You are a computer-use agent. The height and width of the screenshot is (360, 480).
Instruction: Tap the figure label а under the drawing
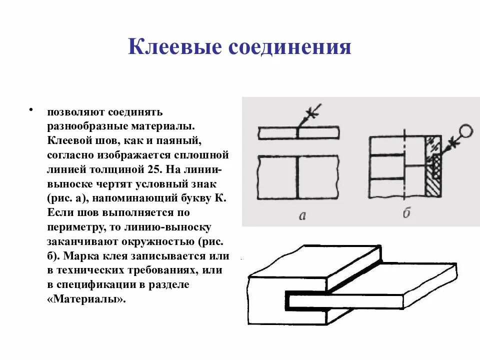[x=301, y=215]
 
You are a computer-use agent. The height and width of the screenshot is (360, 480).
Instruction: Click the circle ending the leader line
[x=466, y=131]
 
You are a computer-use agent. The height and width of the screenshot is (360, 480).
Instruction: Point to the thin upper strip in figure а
[x=298, y=133]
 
